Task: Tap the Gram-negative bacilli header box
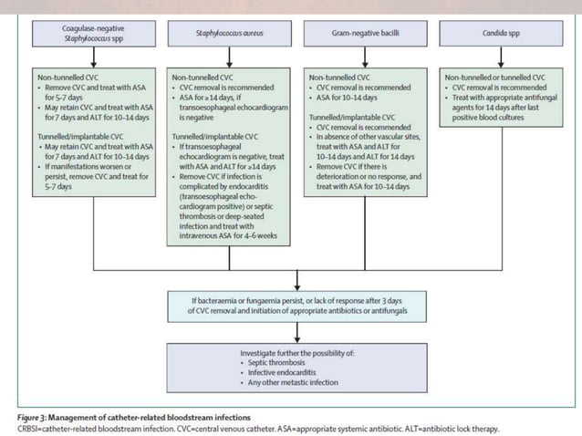click(363, 35)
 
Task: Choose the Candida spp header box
click(496, 35)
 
